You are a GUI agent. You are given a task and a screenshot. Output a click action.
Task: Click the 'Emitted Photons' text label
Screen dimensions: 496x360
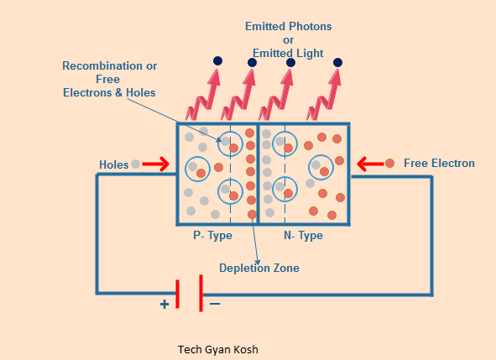click(288, 26)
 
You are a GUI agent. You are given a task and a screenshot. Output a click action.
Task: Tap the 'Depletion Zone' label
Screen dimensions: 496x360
click(259, 268)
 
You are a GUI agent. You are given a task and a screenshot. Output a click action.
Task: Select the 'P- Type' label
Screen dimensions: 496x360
click(212, 235)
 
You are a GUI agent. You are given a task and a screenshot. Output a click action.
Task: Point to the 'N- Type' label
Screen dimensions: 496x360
click(303, 235)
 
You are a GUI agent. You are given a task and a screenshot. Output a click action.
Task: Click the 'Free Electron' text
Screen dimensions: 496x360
click(439, 164)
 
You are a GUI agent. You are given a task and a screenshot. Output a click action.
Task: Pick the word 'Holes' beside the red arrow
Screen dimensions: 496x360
click(114, 164)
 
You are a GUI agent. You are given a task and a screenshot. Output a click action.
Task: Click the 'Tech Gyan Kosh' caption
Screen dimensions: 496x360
click(218, 350)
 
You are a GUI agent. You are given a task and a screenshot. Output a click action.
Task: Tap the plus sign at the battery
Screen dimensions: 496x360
click(164, 305)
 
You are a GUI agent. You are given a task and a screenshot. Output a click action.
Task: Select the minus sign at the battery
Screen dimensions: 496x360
click(215, 304)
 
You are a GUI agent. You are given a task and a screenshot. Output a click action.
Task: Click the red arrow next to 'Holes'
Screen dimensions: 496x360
click(155, 164)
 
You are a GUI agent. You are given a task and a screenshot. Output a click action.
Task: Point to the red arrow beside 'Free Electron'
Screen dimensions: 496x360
click(370, 164)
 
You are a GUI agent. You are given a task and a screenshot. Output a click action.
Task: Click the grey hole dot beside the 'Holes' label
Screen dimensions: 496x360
click(136, 164)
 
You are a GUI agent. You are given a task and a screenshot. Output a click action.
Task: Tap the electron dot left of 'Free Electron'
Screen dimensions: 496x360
click(389, 164)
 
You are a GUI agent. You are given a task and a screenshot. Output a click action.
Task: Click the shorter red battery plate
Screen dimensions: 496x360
click(177, 294)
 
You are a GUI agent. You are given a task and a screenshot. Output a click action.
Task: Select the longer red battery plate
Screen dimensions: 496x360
click(201, 293)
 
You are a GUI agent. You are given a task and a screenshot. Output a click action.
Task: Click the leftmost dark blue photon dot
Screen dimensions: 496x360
click(217, 60)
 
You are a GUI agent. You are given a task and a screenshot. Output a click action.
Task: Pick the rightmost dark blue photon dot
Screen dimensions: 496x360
click(338, 62)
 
